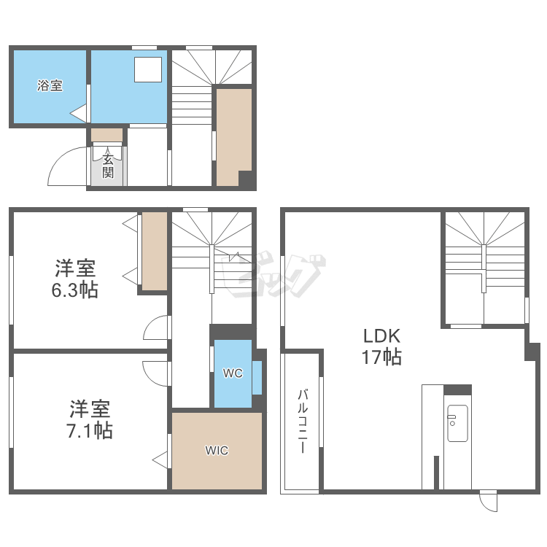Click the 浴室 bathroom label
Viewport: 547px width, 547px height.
coord(50,85)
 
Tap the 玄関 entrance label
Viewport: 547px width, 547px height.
coord(108,166)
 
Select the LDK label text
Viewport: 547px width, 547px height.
coord(382,336)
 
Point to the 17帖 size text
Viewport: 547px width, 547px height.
coord(381,357)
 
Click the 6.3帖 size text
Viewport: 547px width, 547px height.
coord(74,290)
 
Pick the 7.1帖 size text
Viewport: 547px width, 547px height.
coord(90,430)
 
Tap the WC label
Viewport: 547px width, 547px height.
coord(233,373)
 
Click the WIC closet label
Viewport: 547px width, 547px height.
coord(217,451)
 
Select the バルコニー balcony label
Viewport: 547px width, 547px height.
coord(303,422)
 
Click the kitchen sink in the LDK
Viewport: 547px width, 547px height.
coord(457,423)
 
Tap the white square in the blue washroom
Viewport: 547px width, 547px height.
coord(148,70)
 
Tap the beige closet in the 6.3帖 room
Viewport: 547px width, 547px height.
coord(154,251)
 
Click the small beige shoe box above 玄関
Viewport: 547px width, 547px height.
coord(106,135)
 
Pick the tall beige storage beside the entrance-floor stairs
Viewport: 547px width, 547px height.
coord(233,137)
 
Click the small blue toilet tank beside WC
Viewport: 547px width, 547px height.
coord(257,378)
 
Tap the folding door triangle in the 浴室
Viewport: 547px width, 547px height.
coord(79,113)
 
